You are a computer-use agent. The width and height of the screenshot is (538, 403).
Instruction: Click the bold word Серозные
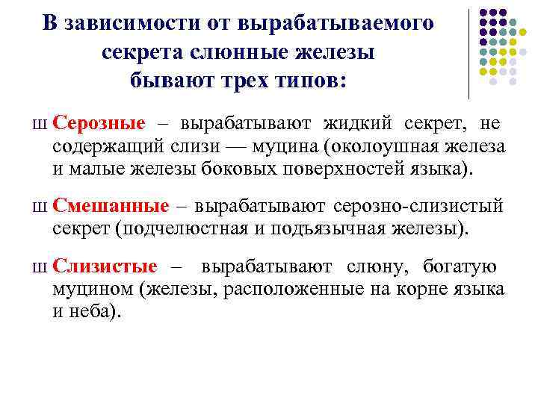tap(99, 122)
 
